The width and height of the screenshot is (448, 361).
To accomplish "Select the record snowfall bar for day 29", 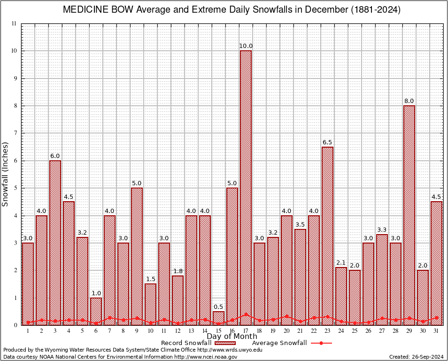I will coord(409,212).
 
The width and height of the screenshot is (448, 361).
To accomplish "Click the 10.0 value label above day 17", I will coord(246,46).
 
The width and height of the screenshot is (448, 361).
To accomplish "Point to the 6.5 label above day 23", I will coord(327,142).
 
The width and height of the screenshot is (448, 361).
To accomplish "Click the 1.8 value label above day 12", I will coord(178,271).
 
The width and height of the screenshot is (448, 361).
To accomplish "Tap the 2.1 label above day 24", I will coord(341,263).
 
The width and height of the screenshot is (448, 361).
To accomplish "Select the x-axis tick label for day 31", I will coord(436,331).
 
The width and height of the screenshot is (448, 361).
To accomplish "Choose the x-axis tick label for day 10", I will coord(150,331).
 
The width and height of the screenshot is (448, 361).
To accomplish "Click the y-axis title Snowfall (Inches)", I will coord(6,174).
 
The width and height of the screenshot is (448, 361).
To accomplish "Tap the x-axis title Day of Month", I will coord(232,337).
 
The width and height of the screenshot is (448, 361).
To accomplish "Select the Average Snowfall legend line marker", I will coord(321,343).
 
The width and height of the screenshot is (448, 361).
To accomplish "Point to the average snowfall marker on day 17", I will coord(246,314).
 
